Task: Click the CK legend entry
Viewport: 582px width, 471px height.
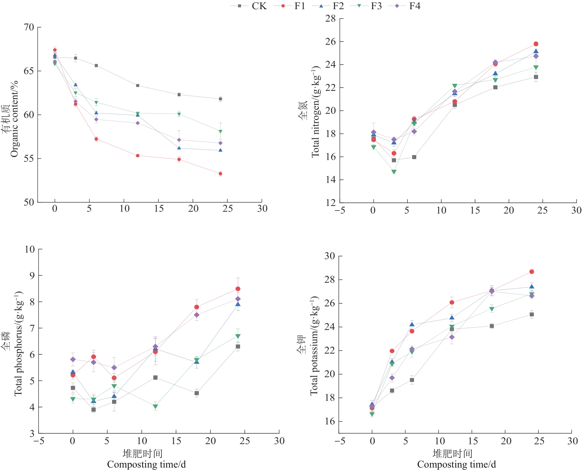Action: pyautogui.click(x=259, y=6)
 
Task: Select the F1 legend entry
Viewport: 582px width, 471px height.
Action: pyautogui.click(x=299, y=6)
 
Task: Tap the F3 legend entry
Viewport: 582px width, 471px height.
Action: pyautogui.click(x=376, y=6)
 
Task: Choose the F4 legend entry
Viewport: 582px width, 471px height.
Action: pyautogui.click(x=414, y=6)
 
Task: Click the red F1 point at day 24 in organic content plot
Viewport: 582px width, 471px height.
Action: pyautogui.click(x=220, y=174)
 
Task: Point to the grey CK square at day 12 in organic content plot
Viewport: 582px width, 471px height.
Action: pyautogui.click(x=138, y=86)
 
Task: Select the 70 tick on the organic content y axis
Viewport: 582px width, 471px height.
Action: pyautogui.click(x=29, y=27)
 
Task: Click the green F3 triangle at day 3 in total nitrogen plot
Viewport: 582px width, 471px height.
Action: pyautogui.click(x=394, y=172)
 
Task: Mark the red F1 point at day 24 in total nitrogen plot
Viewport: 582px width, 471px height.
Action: pyautogui.click(x=536, y=44)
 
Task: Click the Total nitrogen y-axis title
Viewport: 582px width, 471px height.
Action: pyautogui.click(x=315, y=112)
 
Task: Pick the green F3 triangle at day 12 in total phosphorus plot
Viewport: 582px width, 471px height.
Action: pyautogui.click(x=155, y=407)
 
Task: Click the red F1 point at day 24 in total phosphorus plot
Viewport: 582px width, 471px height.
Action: pyautogui.click(x=238, y=289)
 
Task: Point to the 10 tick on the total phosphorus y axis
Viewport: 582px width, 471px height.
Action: pyautogui.click(x=30, y=249)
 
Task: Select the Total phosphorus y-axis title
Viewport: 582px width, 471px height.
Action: pyautogui.click(x=19, y=343)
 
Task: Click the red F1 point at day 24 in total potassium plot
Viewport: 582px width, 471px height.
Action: pyautogui.click(x=532, y=272)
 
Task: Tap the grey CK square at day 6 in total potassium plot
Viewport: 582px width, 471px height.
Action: pyautogui.click(x=412, y=380)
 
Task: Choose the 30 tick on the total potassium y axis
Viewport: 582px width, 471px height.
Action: pyautogui.click(x=330, y=256)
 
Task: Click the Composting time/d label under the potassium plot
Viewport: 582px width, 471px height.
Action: pyautogui.click(x=456, y=464)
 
